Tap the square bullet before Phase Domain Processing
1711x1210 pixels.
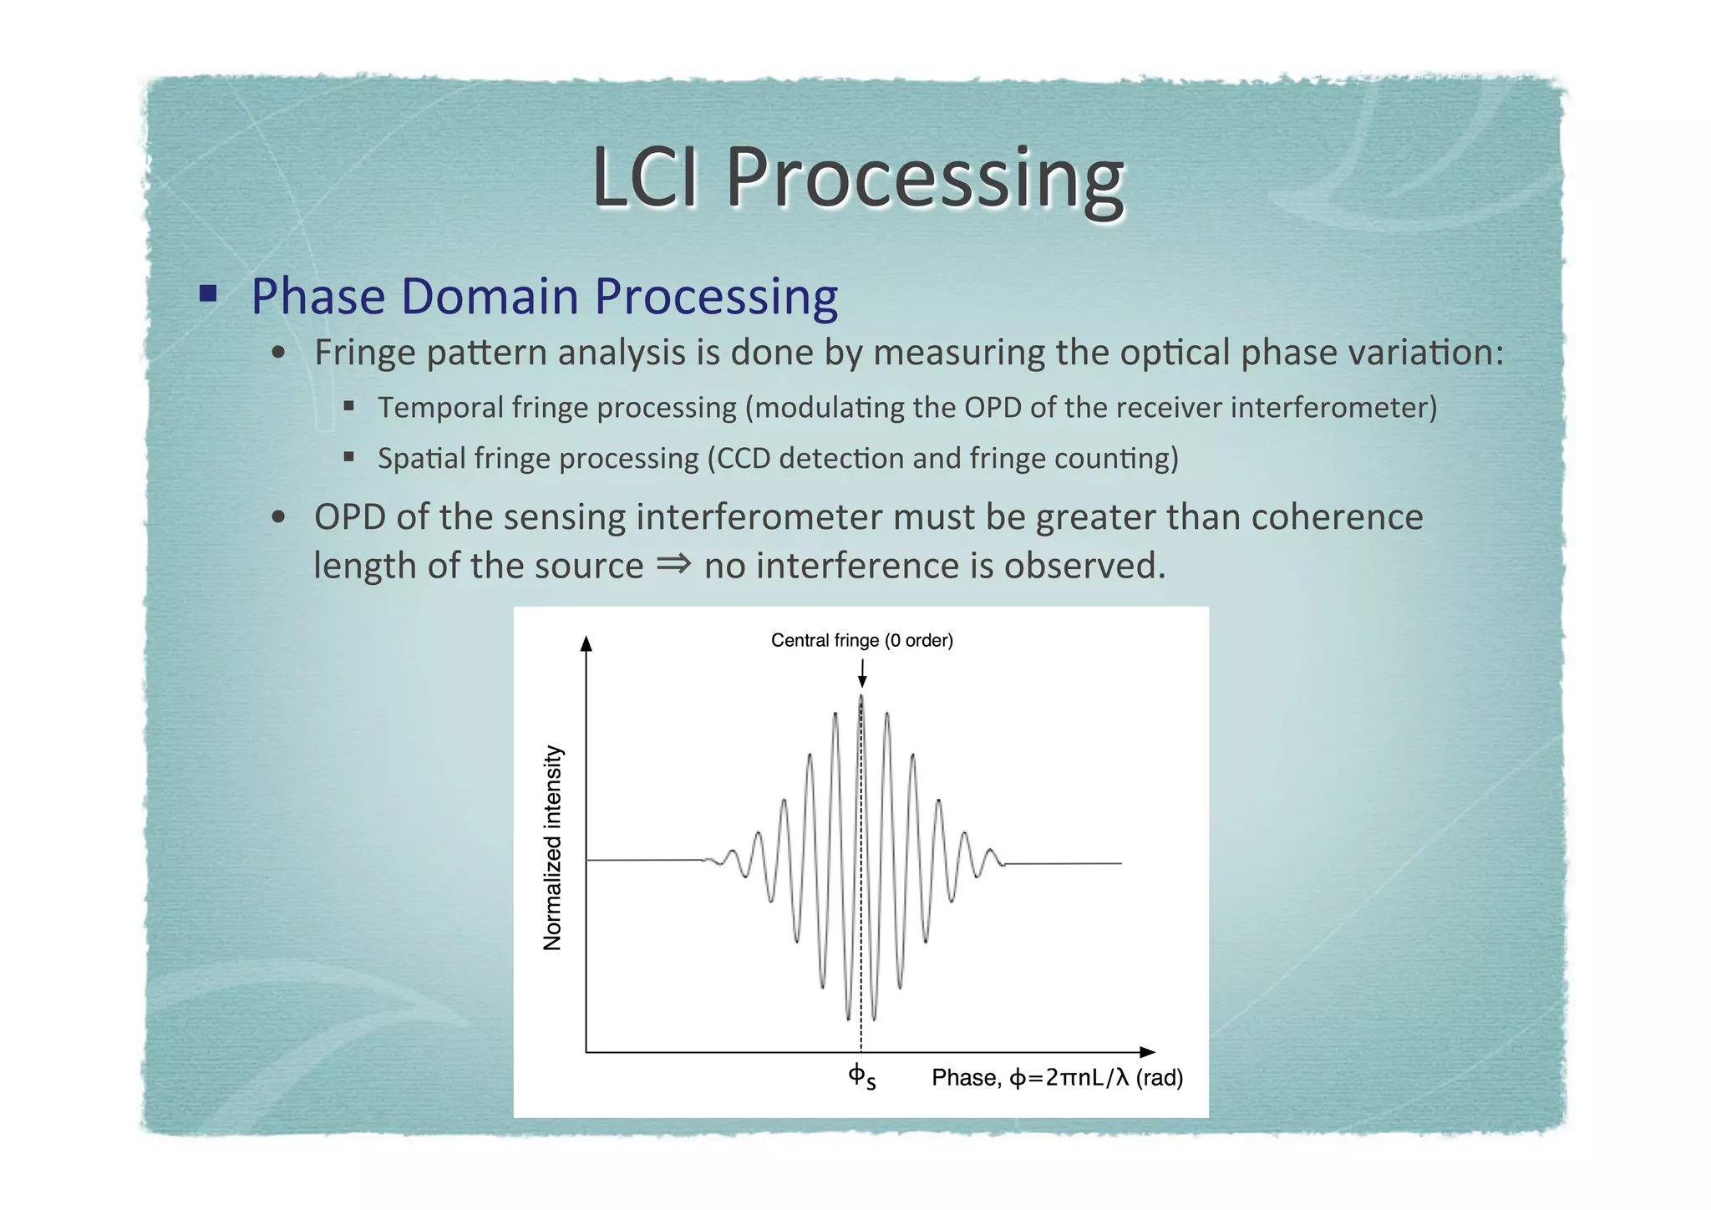[208, 293]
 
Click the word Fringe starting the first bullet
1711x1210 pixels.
[364, 353]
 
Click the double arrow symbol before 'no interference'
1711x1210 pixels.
[673, 564]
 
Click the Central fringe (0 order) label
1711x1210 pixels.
[861, 641]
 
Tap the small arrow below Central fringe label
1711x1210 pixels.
[862, 674]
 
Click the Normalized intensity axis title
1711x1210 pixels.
[553, 847]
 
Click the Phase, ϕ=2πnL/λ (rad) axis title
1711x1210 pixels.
[1057, 1078]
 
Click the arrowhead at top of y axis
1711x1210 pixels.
[586, 643]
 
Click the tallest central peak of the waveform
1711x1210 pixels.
[861, 700]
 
